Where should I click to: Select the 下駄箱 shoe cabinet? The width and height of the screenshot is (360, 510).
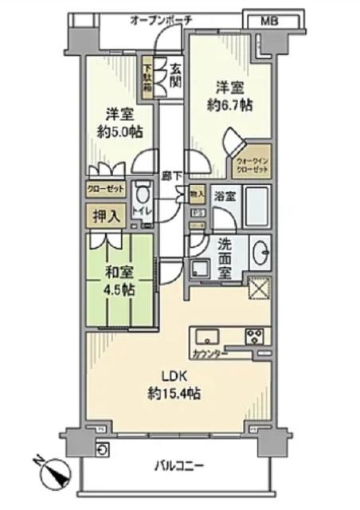pos(147,78)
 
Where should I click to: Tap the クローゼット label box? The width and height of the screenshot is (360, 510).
pos(104,190)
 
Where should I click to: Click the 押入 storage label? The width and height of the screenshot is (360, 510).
pos(104,215)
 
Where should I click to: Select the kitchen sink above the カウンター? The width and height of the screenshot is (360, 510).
pos(206,335)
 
